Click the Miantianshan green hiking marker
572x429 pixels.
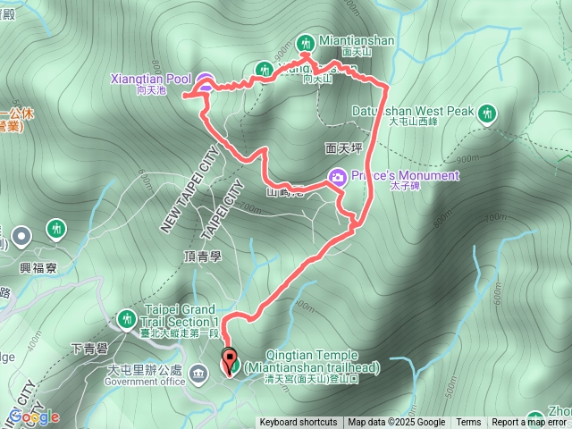[x=305, y=43]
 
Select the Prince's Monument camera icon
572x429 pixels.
[x=338, y=177]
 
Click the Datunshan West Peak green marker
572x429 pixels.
[x=487, y=113]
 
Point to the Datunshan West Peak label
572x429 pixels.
[x=431, y=111]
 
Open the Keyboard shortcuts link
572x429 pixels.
[x=299, y=423]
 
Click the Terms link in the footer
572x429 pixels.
[x=468, y=423]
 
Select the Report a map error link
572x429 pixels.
[x=529, y=423]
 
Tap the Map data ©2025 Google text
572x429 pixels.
[x=396, y=423]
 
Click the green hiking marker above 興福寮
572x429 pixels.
[x=56, y=229]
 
